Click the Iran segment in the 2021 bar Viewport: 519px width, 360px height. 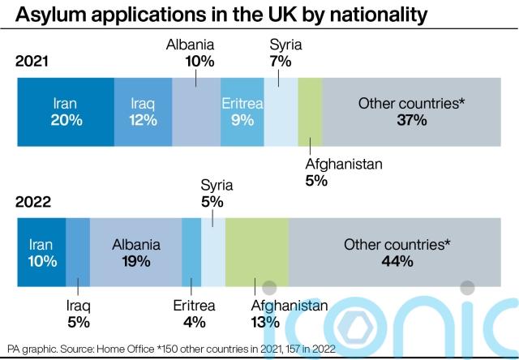66,112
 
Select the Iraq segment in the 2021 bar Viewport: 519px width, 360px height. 143,112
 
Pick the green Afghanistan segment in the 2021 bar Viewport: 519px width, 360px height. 311,112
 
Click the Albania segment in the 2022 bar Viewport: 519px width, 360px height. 135,252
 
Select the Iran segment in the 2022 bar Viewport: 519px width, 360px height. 41,252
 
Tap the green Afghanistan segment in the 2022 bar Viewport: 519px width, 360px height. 256,252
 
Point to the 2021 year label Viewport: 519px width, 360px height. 32,60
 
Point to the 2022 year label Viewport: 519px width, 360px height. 32,202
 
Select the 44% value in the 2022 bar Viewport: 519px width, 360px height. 397,261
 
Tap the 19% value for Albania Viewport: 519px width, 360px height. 136,261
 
